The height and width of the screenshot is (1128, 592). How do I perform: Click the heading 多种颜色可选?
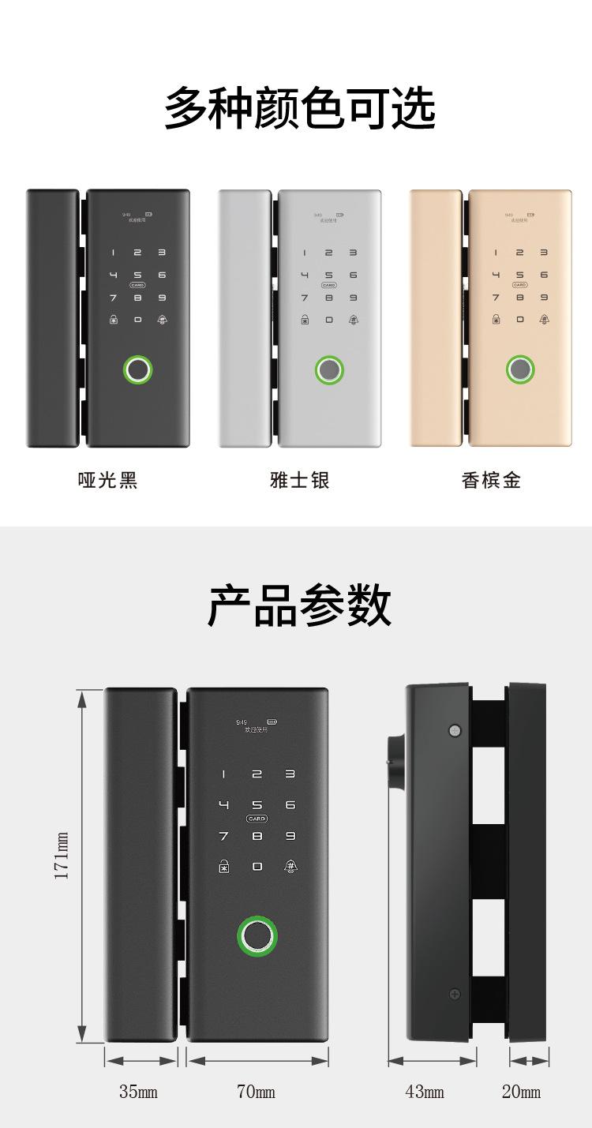(x=300, y=109)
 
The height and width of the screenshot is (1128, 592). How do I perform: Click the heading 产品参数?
(x=300, y=606)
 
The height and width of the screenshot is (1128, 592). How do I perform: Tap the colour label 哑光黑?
(x=108, y=480)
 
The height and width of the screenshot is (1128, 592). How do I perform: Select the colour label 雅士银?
(x=300, y=480)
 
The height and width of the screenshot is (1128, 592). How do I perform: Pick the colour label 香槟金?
(x=491, y=480)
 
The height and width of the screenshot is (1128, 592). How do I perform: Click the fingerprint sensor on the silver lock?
(x=329, y=370)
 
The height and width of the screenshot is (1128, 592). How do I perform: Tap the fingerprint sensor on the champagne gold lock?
(x=520, y=369)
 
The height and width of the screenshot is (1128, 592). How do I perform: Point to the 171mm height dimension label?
(x=62, y=855)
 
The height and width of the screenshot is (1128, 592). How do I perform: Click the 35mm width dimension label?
(x=138, y=1092)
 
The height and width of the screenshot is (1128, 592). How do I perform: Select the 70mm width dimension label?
(x=257, y=1092)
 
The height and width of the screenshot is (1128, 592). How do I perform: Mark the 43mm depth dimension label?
(x=425, y=1092)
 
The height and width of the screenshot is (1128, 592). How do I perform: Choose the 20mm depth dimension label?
(x=522, y=1092)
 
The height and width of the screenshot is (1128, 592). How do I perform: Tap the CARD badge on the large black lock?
(x=257, y=819)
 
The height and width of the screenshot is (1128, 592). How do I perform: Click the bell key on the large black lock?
(x=290, y=867)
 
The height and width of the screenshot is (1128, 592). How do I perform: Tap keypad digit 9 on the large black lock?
(x=290, y=836)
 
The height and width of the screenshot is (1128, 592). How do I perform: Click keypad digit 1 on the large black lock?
(x=223, y=774)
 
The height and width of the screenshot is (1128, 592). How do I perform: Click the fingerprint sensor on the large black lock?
(x=257, y=936)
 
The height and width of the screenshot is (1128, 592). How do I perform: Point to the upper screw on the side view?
(x=454, y=731)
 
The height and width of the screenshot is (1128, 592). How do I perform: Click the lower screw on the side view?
(x=455, y=994)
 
